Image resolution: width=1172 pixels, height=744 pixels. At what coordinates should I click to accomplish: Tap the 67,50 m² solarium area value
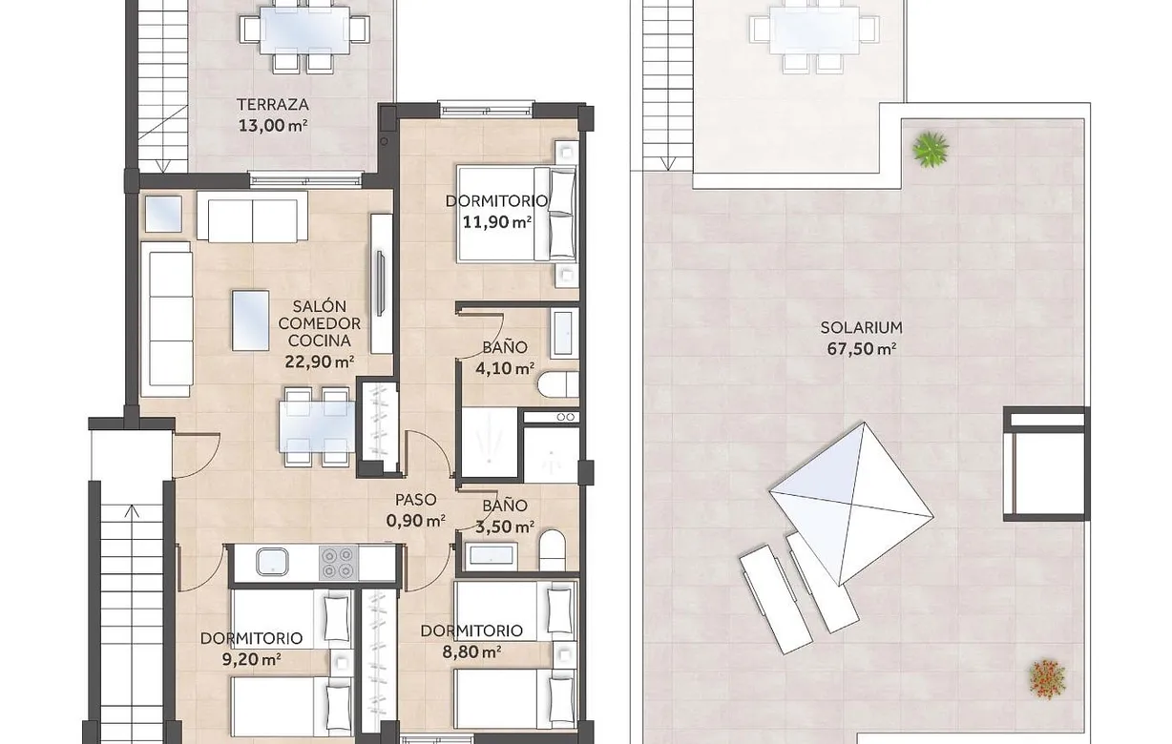861,348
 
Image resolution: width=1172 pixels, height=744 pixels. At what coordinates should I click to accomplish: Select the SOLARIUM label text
861,328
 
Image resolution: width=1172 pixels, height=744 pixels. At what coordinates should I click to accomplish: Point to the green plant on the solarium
930,148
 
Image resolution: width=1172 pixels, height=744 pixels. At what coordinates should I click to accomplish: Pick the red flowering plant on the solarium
1047,678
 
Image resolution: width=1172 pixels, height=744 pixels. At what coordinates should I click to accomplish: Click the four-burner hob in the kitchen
335,562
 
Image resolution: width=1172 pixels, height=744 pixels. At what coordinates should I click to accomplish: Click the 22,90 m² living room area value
320,362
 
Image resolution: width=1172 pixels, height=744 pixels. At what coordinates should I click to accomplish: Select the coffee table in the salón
251,320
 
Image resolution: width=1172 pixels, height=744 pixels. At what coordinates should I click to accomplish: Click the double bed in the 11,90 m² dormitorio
516,214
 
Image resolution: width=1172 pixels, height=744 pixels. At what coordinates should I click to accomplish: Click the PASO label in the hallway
416,500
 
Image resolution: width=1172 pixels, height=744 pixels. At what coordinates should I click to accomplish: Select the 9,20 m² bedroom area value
251,658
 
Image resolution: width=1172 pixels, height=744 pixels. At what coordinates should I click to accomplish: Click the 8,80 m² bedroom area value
471,651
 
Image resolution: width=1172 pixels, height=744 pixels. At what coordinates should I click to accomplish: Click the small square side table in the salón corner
162,214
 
